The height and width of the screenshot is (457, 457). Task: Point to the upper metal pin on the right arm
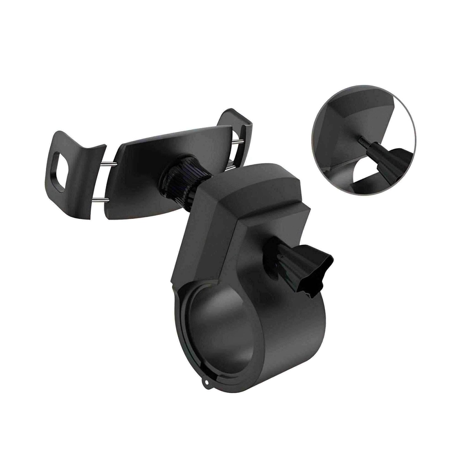click(236, 141)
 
